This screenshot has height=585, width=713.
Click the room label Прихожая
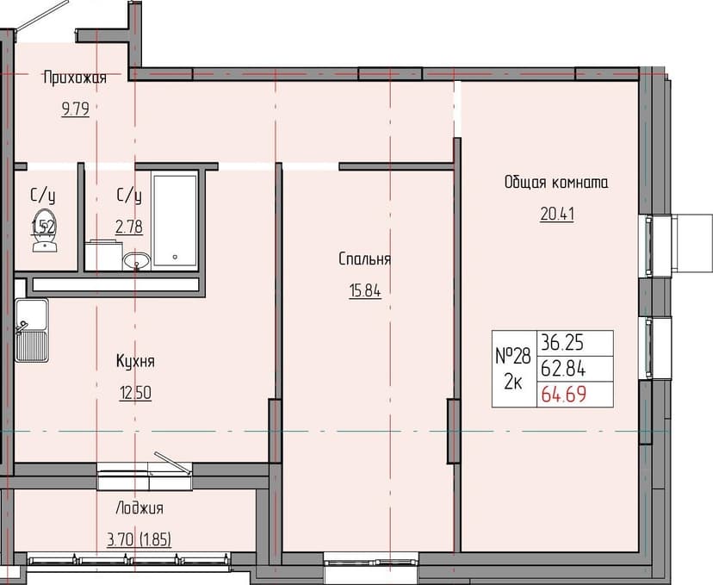(75, 78)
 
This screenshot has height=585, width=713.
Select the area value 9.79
(75, 109)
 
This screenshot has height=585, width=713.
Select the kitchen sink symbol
(32, 330)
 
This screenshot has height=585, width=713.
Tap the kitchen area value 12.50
(136, 393)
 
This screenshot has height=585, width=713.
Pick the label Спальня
(365, 258)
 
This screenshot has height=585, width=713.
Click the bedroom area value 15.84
(365, 290)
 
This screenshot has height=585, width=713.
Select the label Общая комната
(555, 183)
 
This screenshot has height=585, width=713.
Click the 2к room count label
(512, 383)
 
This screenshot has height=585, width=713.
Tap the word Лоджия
(139, 508)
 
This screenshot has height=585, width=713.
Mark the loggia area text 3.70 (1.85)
(139, 540)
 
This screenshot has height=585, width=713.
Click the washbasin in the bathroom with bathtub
(135, 259)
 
